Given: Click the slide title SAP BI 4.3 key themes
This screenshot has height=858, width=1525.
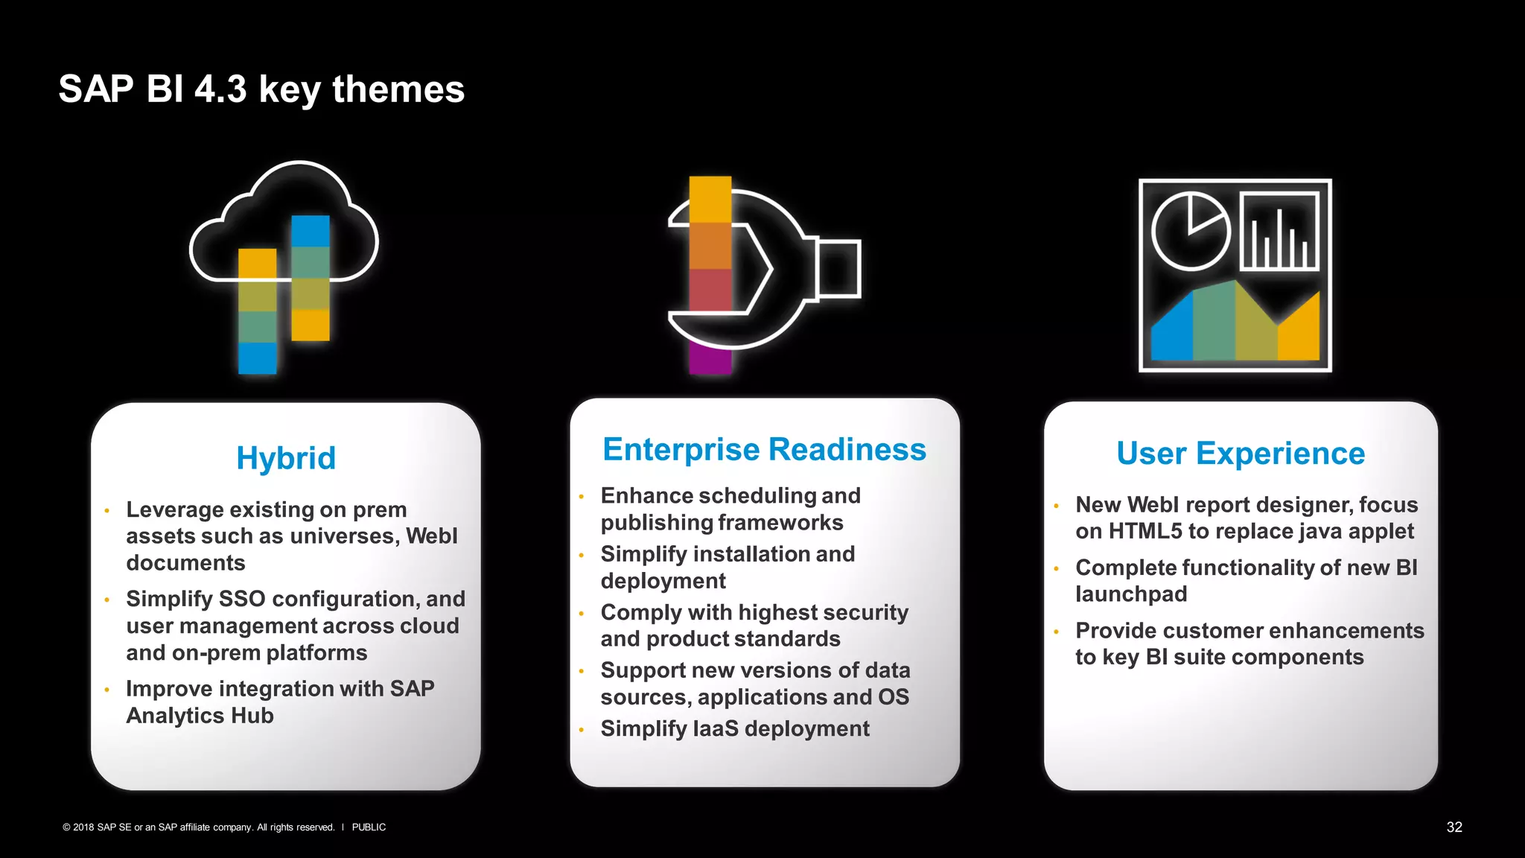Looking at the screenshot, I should click(261, 89).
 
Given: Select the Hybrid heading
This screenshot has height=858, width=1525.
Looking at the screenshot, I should click(286, 457).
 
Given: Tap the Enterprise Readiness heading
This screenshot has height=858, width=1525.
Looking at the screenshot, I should click(764, 449).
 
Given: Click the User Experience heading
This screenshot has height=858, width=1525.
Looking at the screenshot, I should click(1241, 453).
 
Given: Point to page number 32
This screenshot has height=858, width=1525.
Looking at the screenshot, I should click(1454, 827).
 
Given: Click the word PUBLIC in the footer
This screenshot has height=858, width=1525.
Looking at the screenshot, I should click(369, 827).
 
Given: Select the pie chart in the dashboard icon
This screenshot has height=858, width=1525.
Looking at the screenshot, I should click(1190, 230).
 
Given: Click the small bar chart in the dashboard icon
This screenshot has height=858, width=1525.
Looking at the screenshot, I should click(1279, 232).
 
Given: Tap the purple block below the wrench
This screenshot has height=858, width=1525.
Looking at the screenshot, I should click(710, 358).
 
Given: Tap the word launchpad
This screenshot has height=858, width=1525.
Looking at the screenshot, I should click(1131, 594).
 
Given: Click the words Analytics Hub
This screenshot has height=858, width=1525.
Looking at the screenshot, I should click(200, 716).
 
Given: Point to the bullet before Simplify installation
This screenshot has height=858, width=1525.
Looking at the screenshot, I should click(581, 556).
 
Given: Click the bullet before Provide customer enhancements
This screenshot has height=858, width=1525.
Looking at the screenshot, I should click(1056, 632).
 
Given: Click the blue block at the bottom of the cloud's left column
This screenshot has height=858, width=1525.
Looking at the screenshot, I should click(257, 357).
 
